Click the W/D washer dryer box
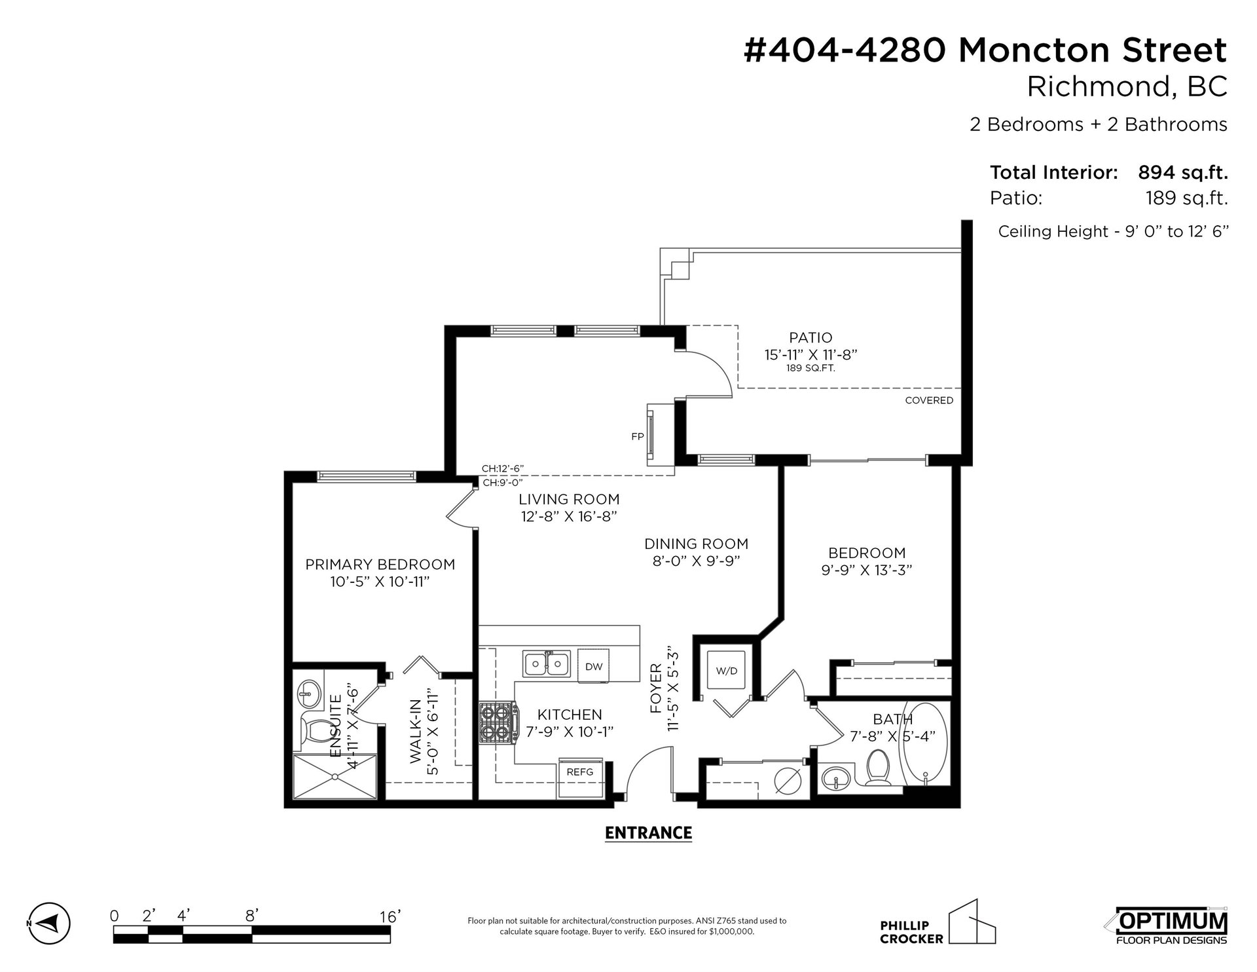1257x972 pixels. click(727, 671)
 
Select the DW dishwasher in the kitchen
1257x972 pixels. click(594, 665)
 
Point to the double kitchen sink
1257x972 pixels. click(547, 664)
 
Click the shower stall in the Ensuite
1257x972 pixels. click(335, 776)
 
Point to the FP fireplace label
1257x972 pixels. click(638, 436)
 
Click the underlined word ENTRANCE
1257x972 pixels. click(648, 833)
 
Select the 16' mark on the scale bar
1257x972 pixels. click(389, 916)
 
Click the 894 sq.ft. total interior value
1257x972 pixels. click(1182, 173)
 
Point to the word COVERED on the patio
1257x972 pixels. click(929, 400)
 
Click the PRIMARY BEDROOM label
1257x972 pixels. click(380, 565)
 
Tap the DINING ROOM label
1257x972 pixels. click(697, 544)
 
